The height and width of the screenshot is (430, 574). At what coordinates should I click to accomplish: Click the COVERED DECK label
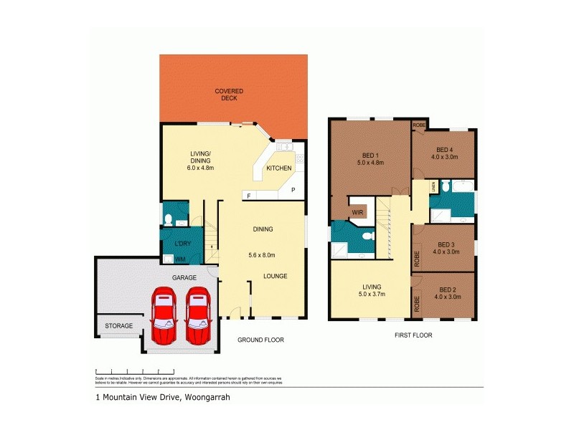pyautogui.click(x=230, y=95)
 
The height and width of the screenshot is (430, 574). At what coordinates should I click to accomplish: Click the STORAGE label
pyautogui.click(x=119, y=326)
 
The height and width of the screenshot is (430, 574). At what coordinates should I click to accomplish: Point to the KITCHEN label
pyautogui.click(x=279, y=168)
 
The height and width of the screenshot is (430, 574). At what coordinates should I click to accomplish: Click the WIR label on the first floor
pyautogui.click(x=357, y=213)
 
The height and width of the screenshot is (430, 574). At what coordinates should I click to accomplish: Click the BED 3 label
pyautogui.click(x=446, y=248)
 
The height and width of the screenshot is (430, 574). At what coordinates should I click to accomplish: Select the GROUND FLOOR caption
pyautogui.click(x=261, y=341)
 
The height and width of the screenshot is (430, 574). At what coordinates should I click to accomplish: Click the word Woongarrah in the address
pyautogui.click(x=207, y=396)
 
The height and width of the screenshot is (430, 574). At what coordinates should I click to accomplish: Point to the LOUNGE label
pyautogui.click(x=276, y=276)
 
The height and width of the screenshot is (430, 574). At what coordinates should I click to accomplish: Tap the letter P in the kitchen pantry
pyautogui.click(x=293, y=189)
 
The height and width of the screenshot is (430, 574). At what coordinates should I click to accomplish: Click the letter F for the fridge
pyautogui.click(x=248, y=196)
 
